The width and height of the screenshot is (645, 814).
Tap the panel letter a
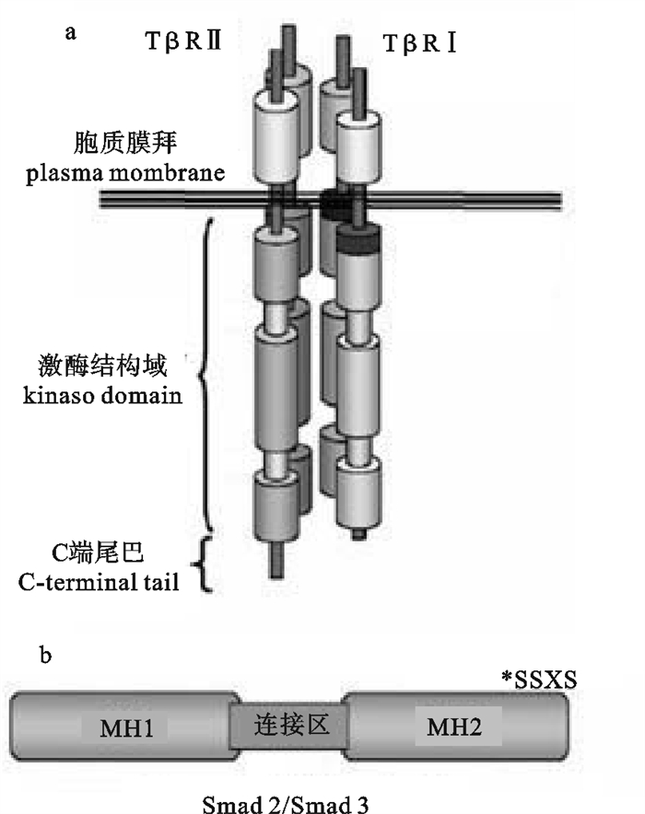[x=69, y=34]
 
